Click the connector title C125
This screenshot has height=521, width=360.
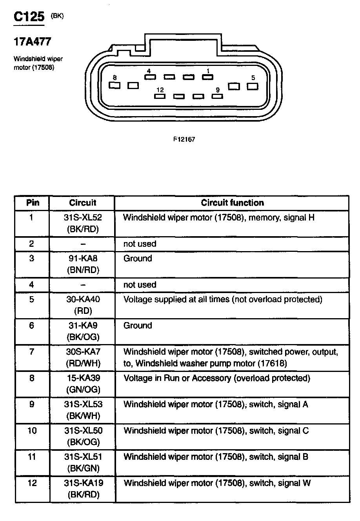[29, 17]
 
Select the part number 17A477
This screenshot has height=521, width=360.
[33, 42]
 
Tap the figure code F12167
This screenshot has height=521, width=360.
[184, 139]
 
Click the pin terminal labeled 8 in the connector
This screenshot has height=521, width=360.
[114, 85]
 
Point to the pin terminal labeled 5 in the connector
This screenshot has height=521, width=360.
[252, 86]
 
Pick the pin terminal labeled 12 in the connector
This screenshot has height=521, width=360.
[160, 96]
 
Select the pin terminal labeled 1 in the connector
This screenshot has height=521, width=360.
[207, 77]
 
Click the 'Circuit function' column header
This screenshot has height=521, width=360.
[232, 203]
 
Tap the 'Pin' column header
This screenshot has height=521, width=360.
[33, 203]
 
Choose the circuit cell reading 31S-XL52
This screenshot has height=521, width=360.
[83, 217]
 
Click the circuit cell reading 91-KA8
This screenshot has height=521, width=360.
[83, 258]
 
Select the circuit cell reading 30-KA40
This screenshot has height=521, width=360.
[83, 299]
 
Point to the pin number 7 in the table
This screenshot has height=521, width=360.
[32, 352]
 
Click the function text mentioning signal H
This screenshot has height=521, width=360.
[219, 217]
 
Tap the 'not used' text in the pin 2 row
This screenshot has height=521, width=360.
[140, 244]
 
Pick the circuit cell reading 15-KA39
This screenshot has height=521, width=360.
[83, 378]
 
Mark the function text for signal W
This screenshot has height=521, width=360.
[217, 483]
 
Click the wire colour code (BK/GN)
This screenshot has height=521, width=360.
[83, 468]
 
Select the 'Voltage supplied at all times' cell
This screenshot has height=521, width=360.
[223, 299]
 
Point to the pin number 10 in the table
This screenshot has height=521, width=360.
[32, 431]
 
